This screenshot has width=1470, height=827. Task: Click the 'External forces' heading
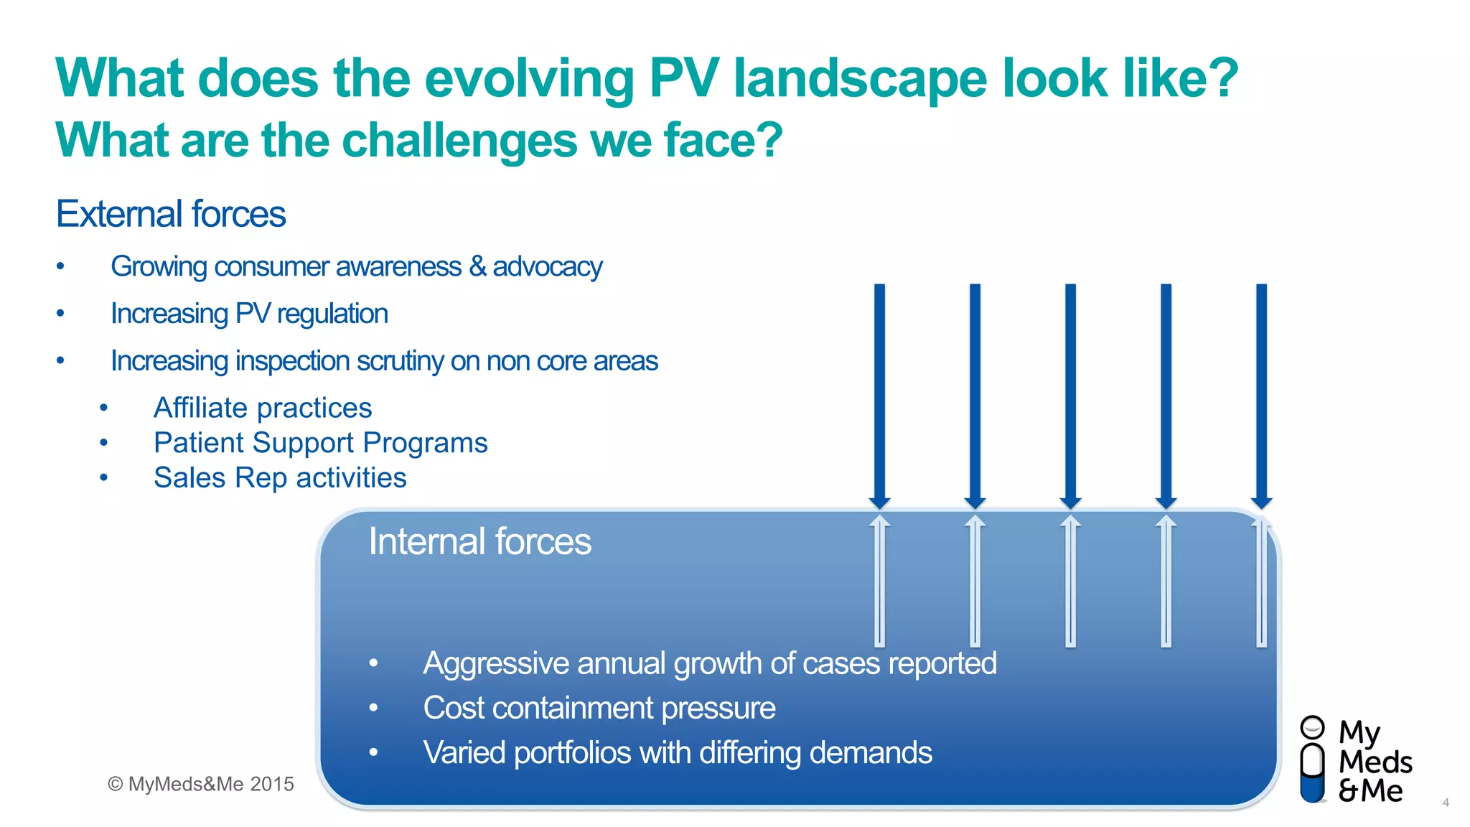171,214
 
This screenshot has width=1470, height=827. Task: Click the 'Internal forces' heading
479,541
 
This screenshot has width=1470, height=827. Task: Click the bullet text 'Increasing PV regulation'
249,314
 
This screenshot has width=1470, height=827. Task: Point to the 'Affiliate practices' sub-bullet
263,408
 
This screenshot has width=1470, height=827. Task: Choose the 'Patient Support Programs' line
320,443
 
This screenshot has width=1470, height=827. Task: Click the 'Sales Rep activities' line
280,478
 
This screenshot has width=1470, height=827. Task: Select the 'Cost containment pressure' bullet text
599,708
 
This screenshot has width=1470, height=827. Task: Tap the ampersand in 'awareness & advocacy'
477,266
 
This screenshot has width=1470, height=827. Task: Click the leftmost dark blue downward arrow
879,395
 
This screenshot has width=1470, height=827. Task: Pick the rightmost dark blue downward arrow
1261,395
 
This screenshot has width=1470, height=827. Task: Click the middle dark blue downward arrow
1070,395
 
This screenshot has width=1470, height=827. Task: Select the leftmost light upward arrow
879,581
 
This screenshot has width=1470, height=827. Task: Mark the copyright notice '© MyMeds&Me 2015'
201,784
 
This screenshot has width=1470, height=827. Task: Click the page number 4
1446,803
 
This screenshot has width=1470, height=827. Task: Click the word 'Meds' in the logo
1375,762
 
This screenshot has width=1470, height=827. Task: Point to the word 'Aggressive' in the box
495,663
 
